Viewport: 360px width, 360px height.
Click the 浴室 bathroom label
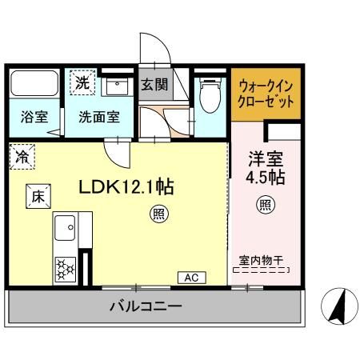pos(34,117)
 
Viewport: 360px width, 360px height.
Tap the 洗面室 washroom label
pos(99,117)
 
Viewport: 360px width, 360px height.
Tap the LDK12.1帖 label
pos(126,187)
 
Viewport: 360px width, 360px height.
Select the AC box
pos(192,277)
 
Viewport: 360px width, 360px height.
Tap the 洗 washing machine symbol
pos(82,82)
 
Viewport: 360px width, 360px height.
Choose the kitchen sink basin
pos(64,233)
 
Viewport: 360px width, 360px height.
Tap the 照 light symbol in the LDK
pos(158,214)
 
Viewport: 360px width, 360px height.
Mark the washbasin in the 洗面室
pos(118,86)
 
